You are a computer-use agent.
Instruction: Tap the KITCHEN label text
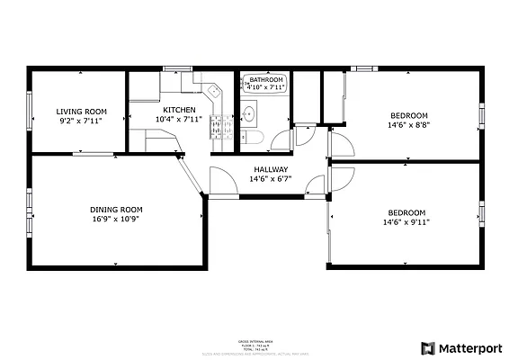click(x=178, y=110)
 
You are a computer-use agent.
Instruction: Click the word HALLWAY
click(x=271, y=169)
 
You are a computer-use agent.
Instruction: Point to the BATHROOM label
click(x=266, y=80)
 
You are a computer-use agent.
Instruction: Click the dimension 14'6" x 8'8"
click(x=408, y=125)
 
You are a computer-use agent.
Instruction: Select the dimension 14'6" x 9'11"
click(x=406, y=222)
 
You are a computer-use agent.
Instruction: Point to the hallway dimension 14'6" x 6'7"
click(x=271, y=179)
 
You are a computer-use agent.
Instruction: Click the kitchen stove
click(x=219, y=130)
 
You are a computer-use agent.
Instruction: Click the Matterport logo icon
click(x=427, y=347)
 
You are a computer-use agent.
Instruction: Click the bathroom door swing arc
click(x=283, y=139)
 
